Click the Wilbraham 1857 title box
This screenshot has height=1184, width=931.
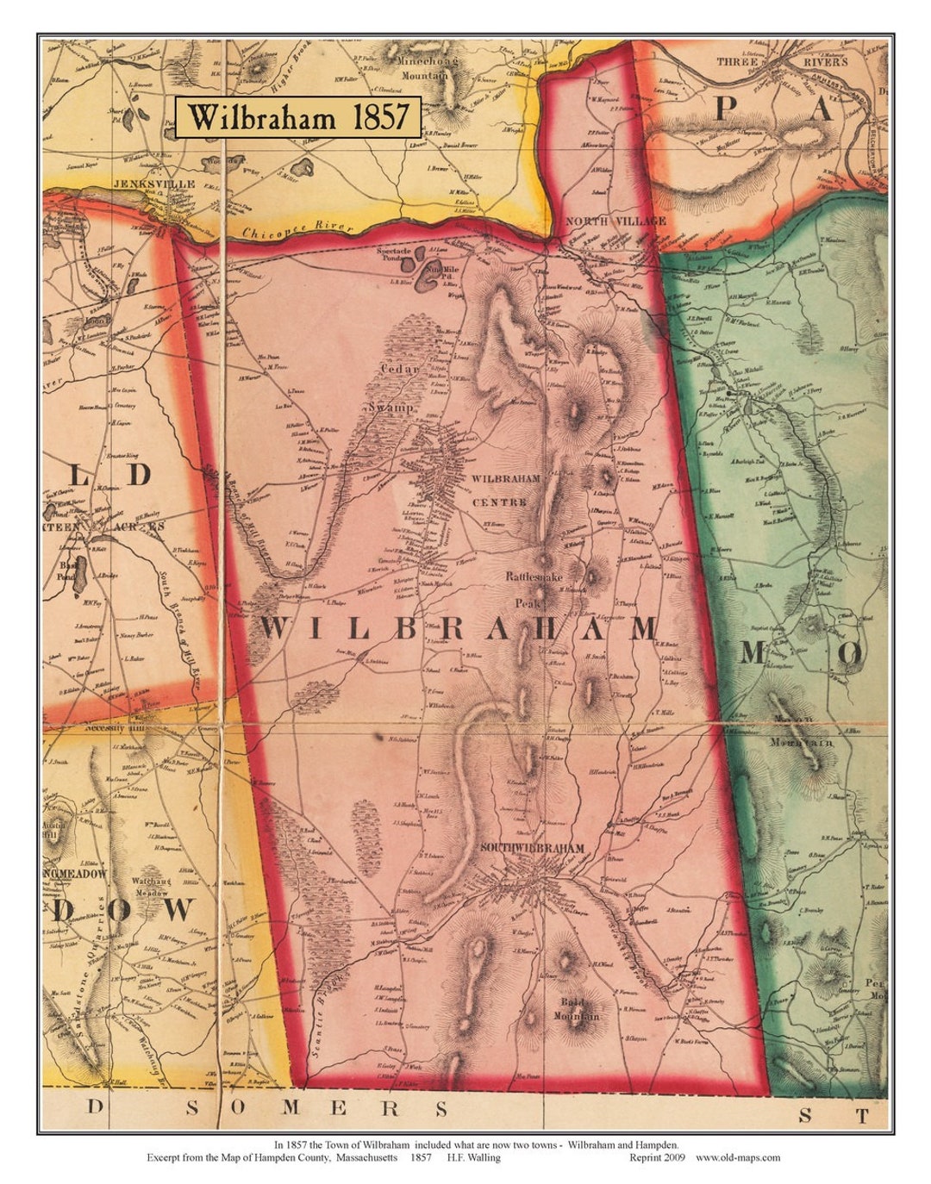[x=298, y=117]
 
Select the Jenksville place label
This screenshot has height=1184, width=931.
[x=159, y=184]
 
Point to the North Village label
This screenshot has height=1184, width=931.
[x=615, y=221]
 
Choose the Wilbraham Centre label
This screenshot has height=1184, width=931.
[x=505, y=489]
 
